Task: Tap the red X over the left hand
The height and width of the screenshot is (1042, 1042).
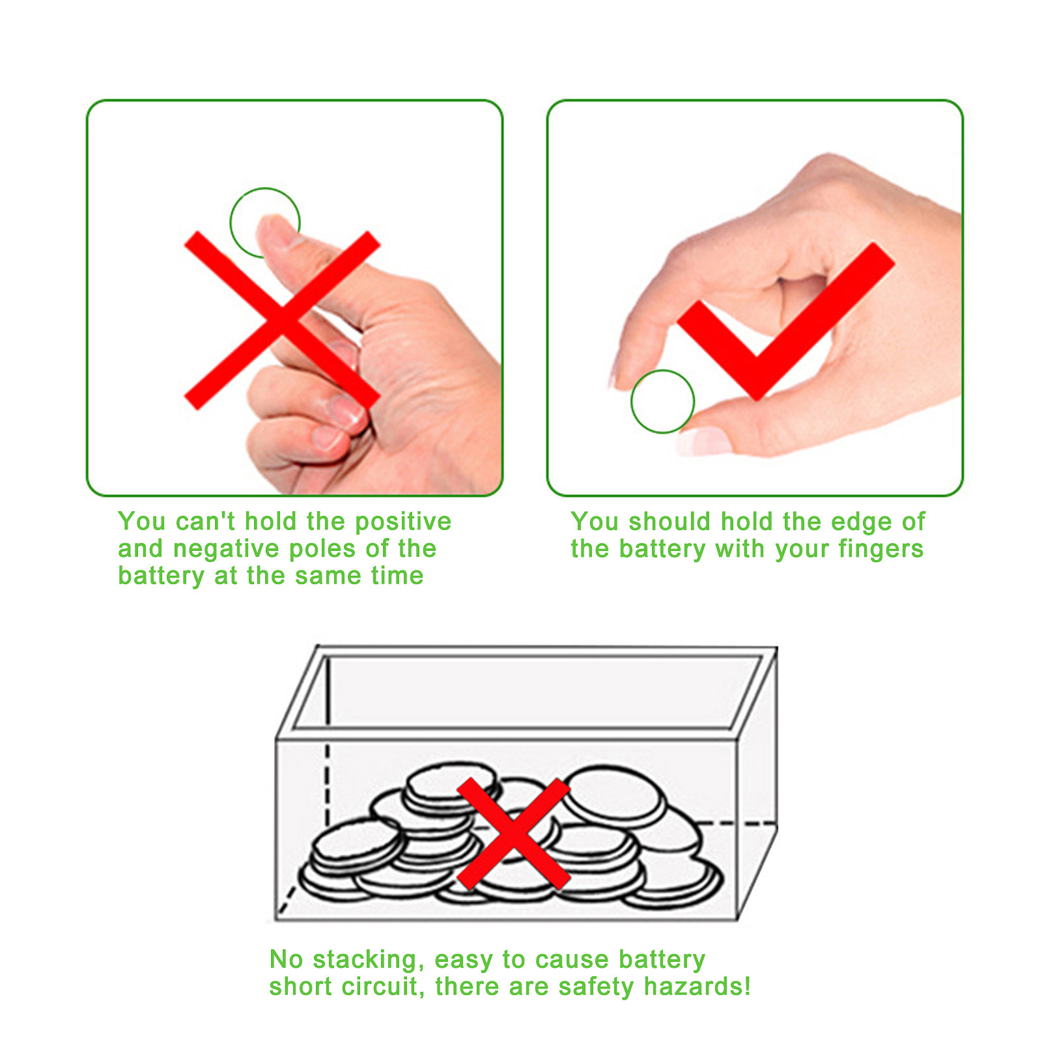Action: point(282,320)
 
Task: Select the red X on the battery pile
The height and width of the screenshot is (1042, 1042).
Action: point(514,834)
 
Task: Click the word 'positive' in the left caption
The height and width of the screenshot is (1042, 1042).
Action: point(403,522)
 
